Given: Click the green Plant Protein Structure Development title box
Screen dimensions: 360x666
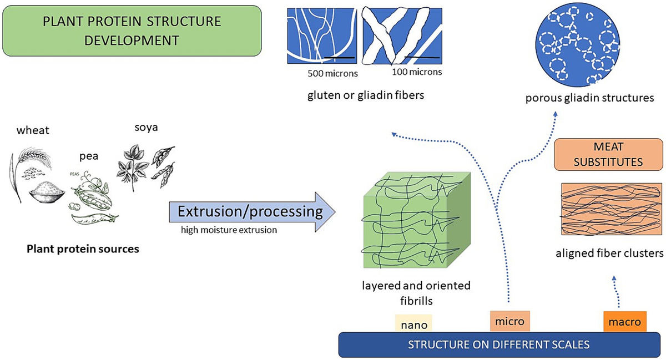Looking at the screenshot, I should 132,31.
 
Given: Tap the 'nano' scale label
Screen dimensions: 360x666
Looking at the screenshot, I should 413,323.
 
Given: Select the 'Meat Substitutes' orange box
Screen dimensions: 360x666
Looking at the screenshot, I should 608,155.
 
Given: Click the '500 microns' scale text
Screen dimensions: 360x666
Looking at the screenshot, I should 332,73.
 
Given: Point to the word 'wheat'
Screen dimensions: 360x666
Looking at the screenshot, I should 32,131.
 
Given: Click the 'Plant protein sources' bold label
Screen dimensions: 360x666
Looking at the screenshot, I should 83,249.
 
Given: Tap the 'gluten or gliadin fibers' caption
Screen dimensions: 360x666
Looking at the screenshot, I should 366,95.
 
